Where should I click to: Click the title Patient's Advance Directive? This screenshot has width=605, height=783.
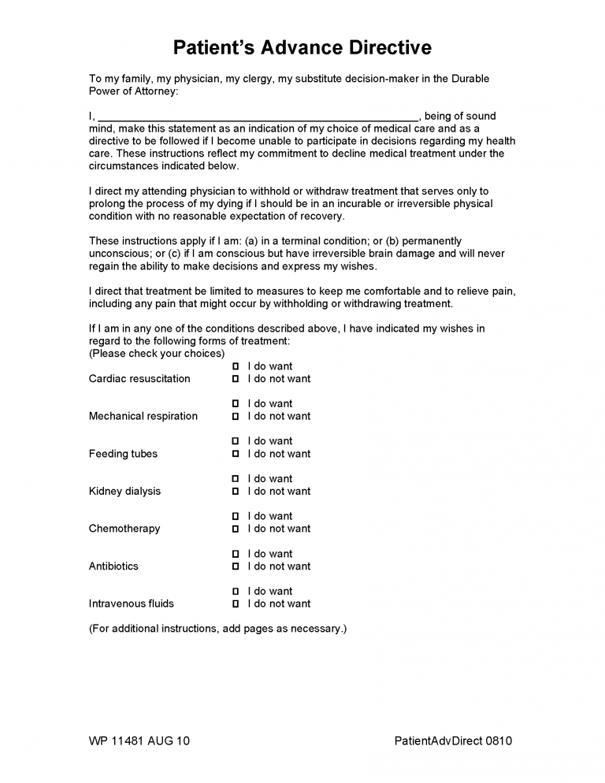tap(302, 47)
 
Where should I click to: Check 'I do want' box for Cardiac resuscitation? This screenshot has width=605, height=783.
tap(236, 366)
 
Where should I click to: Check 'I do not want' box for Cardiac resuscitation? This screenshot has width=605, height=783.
tap(236, 379)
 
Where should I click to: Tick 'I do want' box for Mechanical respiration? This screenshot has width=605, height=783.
tap(236, 404)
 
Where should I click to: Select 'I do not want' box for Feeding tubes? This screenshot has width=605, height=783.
tap(236, 454)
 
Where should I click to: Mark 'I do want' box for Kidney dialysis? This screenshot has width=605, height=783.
tap(236, 479)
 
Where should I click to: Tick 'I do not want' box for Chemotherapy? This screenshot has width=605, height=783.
tap(236, 529)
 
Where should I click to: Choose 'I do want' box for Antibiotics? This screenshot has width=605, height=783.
tap(236, 554)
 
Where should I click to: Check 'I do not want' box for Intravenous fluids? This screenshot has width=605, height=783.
tap(236, 604)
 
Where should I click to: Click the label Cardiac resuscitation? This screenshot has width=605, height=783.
tap(139, 379)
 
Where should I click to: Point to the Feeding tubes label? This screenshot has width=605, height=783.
tap(123, 454)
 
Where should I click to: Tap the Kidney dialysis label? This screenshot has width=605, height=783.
tap(124, 492)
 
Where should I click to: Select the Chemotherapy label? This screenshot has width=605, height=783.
tap(124, 529)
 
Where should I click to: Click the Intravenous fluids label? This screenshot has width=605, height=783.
tap(132, 604)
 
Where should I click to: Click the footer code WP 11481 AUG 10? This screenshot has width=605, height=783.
tap(139, 740)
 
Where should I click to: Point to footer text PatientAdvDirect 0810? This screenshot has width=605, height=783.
tap(453, 740)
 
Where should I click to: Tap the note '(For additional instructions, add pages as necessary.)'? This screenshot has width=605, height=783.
tap(217, 629)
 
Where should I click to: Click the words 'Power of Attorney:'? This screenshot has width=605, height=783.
tap(134, 91)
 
